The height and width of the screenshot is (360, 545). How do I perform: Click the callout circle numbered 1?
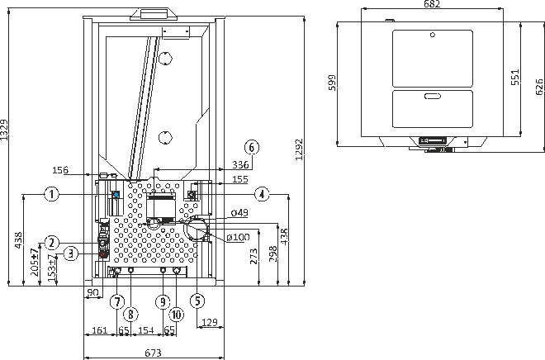(52, 193)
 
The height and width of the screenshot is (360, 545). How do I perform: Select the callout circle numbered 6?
(252, 147)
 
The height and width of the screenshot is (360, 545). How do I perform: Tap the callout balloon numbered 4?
(262, 194)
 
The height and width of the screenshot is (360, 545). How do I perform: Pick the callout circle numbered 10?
(176, 315)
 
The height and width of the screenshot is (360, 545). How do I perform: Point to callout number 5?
(197, 301)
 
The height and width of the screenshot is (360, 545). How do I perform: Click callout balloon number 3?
(71, 253)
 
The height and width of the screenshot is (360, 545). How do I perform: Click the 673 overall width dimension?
(153, 353)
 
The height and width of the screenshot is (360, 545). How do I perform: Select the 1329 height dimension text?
(4, 130)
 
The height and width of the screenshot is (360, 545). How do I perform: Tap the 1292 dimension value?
(299, 149)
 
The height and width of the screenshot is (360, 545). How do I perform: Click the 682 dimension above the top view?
(432, 4)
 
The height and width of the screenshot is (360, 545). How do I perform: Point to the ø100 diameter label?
(238, 237)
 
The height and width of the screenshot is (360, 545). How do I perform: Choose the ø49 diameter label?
(239, 212)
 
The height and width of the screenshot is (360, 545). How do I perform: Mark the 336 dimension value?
(240, 164)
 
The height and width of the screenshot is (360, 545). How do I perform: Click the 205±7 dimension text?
(35, 263)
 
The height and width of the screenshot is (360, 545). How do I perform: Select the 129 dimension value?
(210, 322)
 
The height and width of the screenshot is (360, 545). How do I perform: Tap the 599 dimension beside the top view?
(333, 83)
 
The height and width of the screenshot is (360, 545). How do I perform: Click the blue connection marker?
(116, 194)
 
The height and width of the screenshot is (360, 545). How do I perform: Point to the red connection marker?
(102, 254)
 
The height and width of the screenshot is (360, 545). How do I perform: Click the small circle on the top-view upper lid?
(433, 35)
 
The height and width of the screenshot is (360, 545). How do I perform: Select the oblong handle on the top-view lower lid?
(433, 96)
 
